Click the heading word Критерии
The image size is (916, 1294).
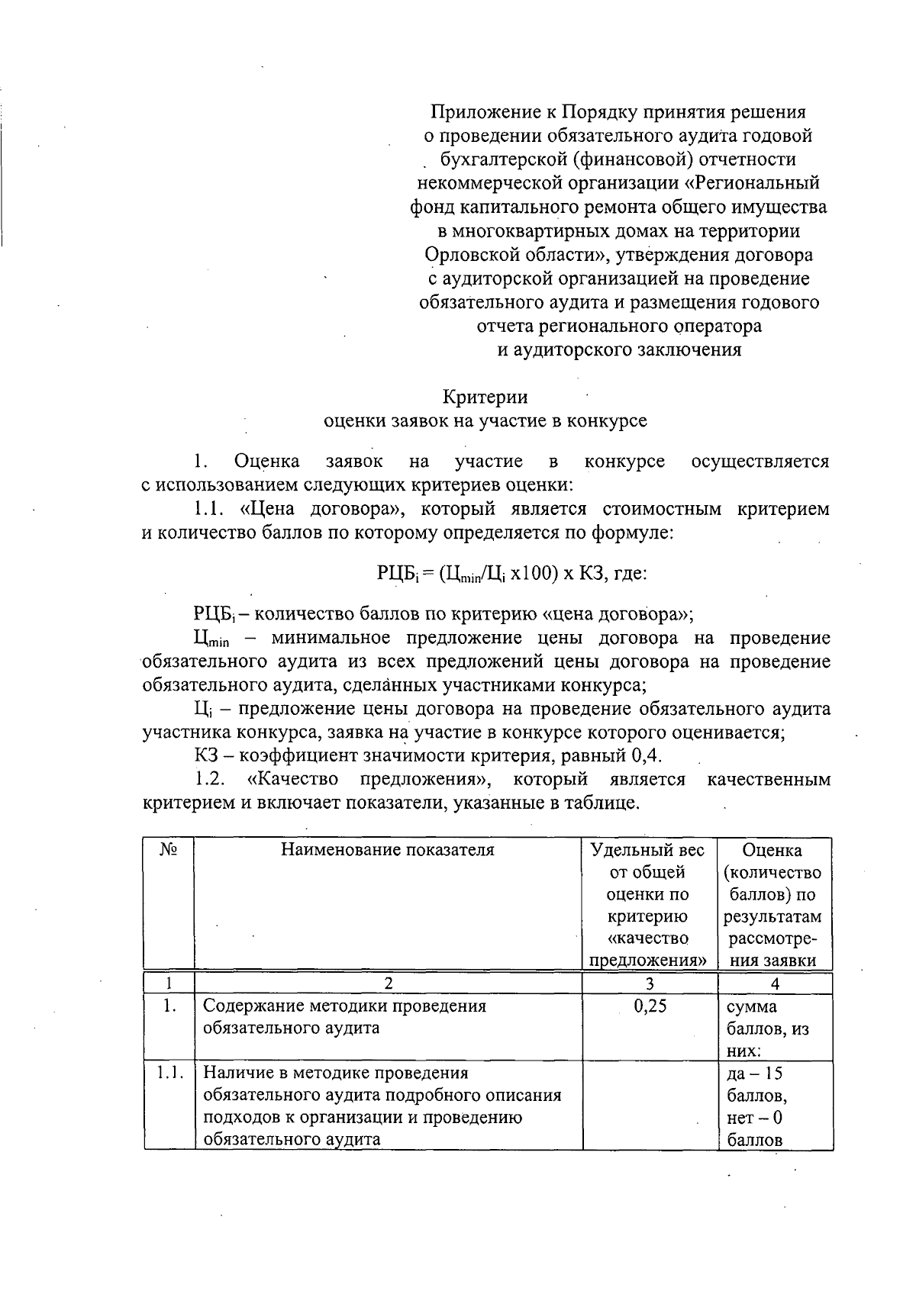coord(485,398)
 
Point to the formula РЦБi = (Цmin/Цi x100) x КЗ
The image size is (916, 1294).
coord(512,573)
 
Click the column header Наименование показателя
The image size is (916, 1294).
coord(388,850)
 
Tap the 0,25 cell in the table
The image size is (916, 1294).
coord(650,1006)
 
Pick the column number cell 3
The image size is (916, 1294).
coord(650,983)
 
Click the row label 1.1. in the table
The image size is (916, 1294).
coord(169,1074)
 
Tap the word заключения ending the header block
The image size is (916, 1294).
coord(690,350)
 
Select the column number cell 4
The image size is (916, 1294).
coord(775,983)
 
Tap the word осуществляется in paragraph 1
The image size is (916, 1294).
coord(760,462)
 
